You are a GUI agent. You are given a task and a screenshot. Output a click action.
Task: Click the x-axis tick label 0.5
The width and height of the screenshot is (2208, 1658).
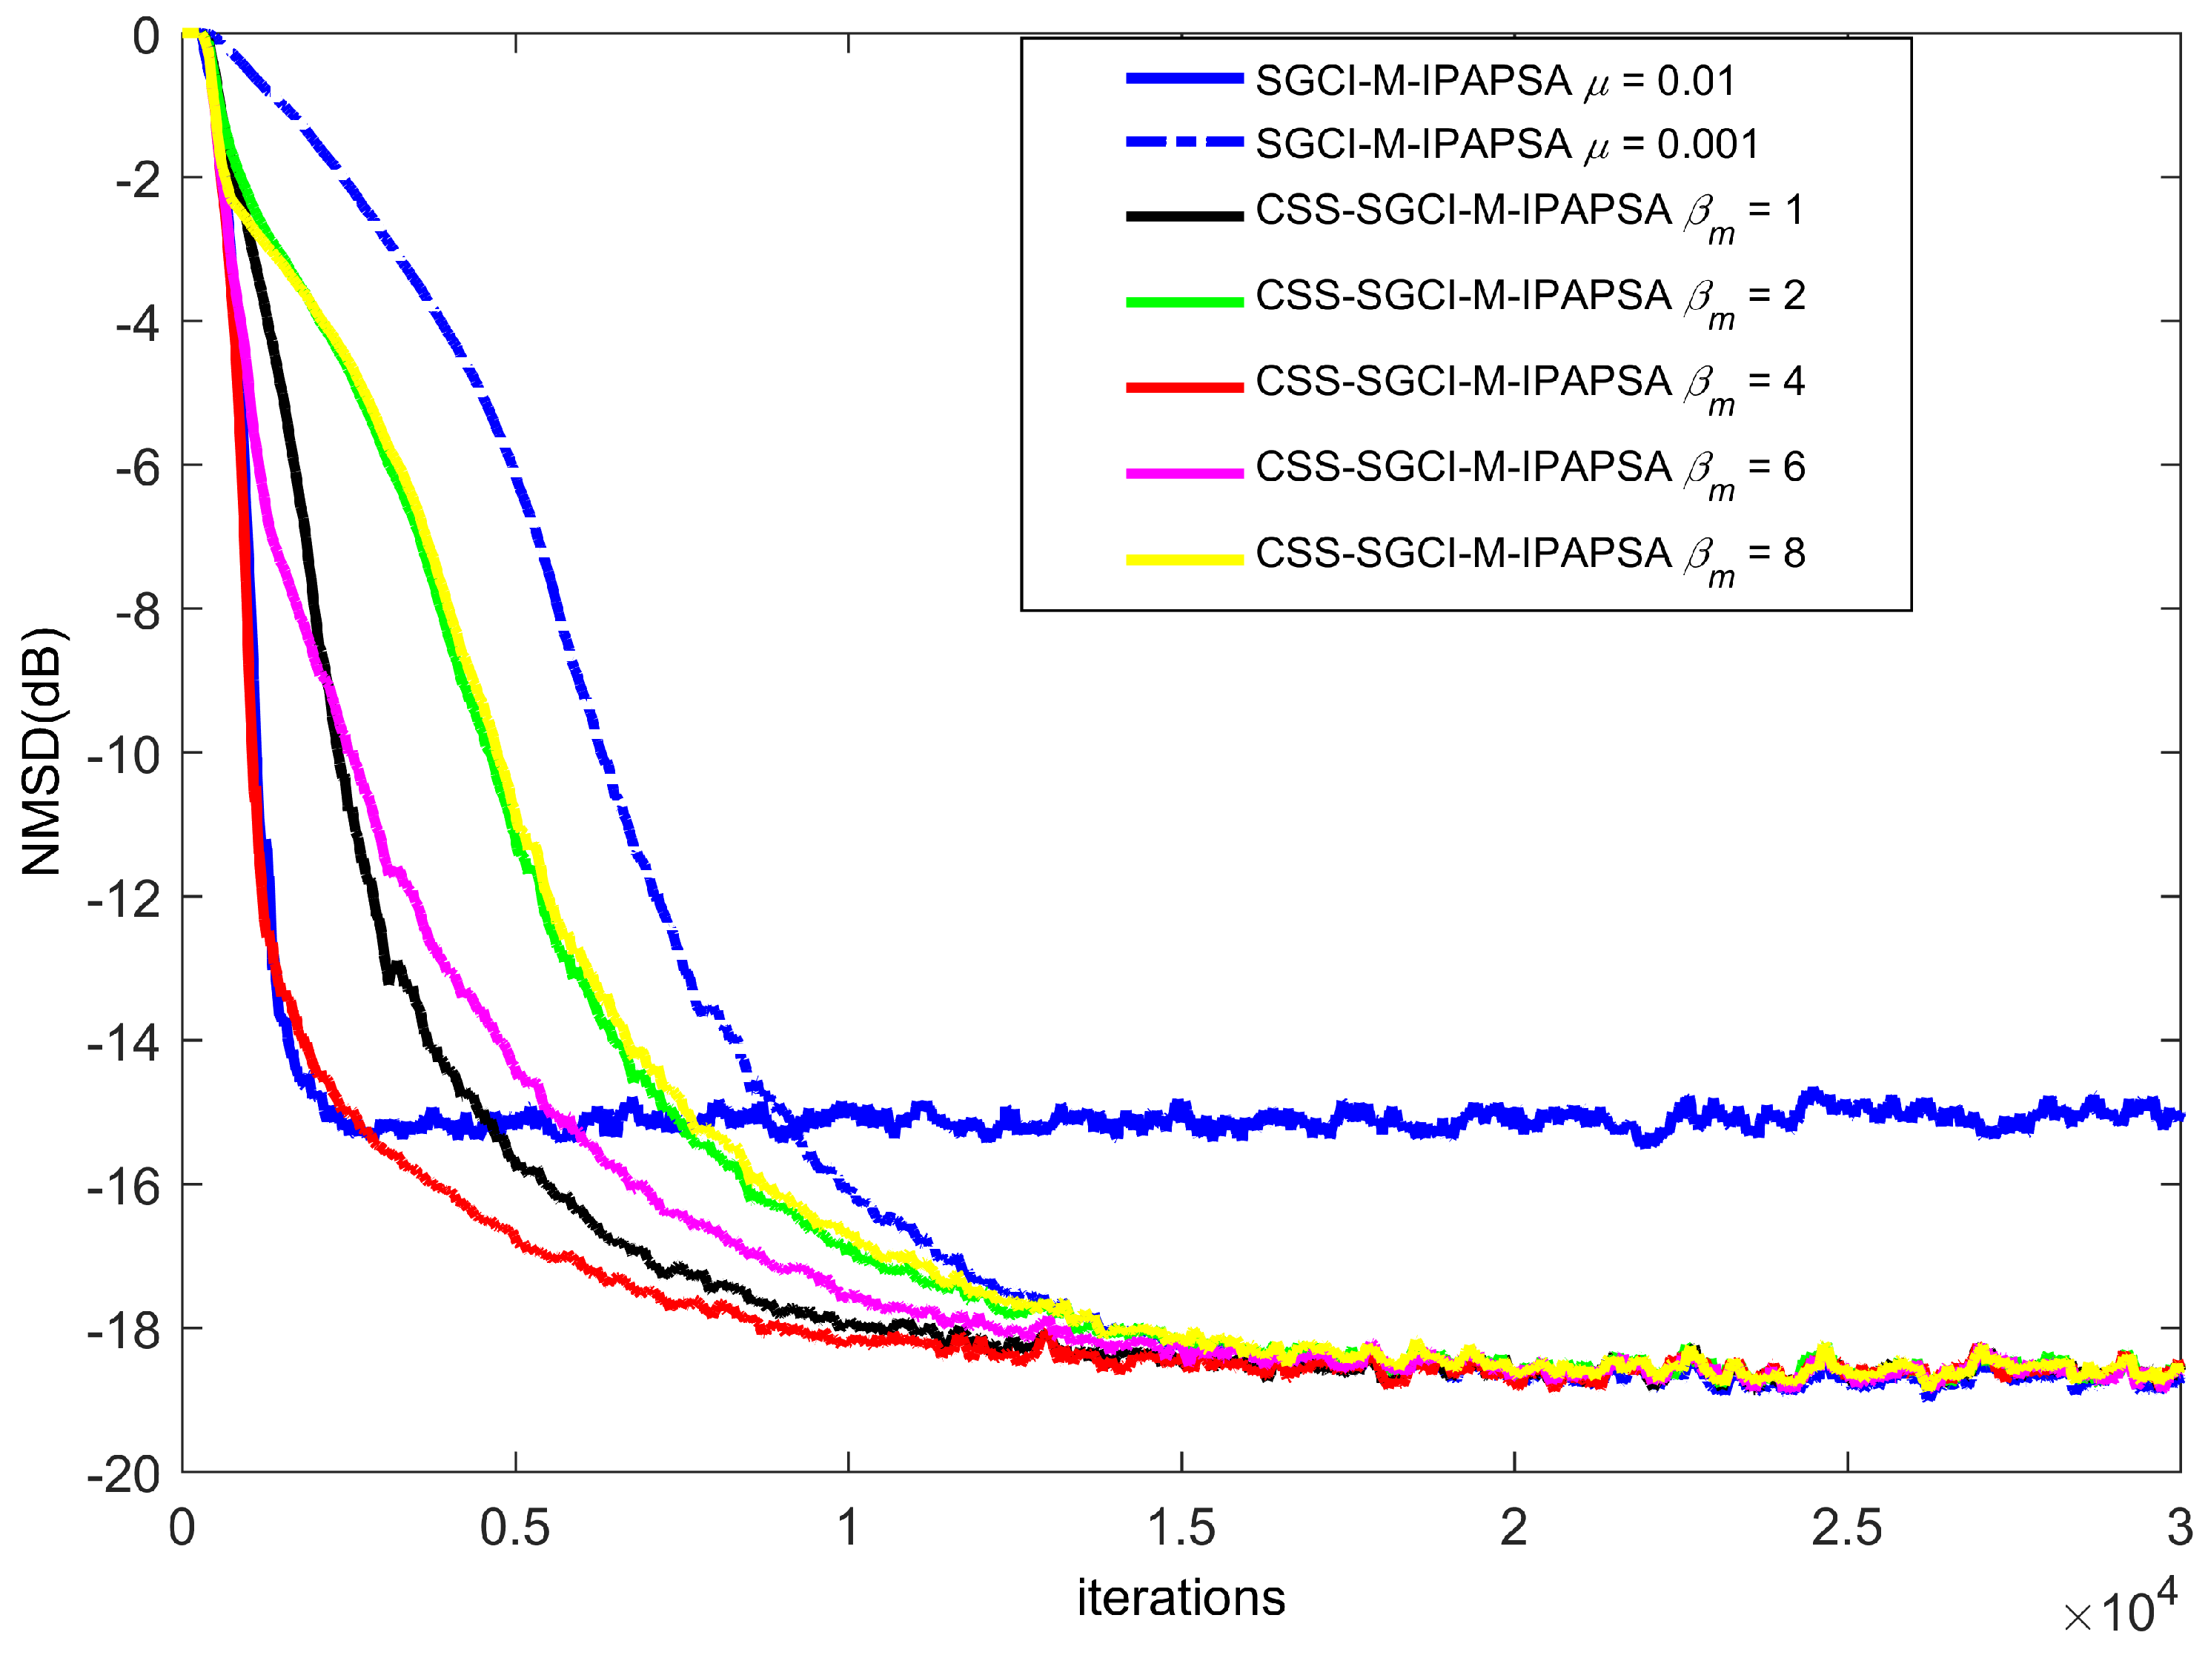pyautogui.click(x=514, y=1528)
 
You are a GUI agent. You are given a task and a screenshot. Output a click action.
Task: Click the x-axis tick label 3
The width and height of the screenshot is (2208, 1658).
pyautogui.click(x=2179, y=1528)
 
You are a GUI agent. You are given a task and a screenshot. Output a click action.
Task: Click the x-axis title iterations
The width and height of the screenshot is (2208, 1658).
pyautogui.click(x=1181, y=1598)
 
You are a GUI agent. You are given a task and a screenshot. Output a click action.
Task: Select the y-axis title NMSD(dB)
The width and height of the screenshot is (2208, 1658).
pyautogui.click(x=42, y=752)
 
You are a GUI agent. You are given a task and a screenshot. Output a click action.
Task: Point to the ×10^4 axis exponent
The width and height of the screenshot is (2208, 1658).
pyautogui.click(x=2120, y=1608)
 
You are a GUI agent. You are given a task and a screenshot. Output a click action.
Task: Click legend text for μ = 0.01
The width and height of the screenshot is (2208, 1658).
pyautogui.click(x=1494, y=81)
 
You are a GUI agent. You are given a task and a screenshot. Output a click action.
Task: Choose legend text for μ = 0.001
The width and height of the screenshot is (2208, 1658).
pyautogui.click(x=1506, y=145)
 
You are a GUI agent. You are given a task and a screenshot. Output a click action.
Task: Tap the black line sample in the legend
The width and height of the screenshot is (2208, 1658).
pyautogui.click(x=1184, y=216)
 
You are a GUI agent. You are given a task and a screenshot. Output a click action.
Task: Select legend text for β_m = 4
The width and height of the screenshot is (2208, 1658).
pyautogui.click(x=1529, y=385)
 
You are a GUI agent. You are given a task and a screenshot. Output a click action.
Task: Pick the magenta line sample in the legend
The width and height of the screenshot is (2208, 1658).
pyautogui.click(x=1184, y=473)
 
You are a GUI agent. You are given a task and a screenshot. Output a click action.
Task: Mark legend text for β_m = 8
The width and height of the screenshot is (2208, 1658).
pyautogui.click(x=1529, y=556)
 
